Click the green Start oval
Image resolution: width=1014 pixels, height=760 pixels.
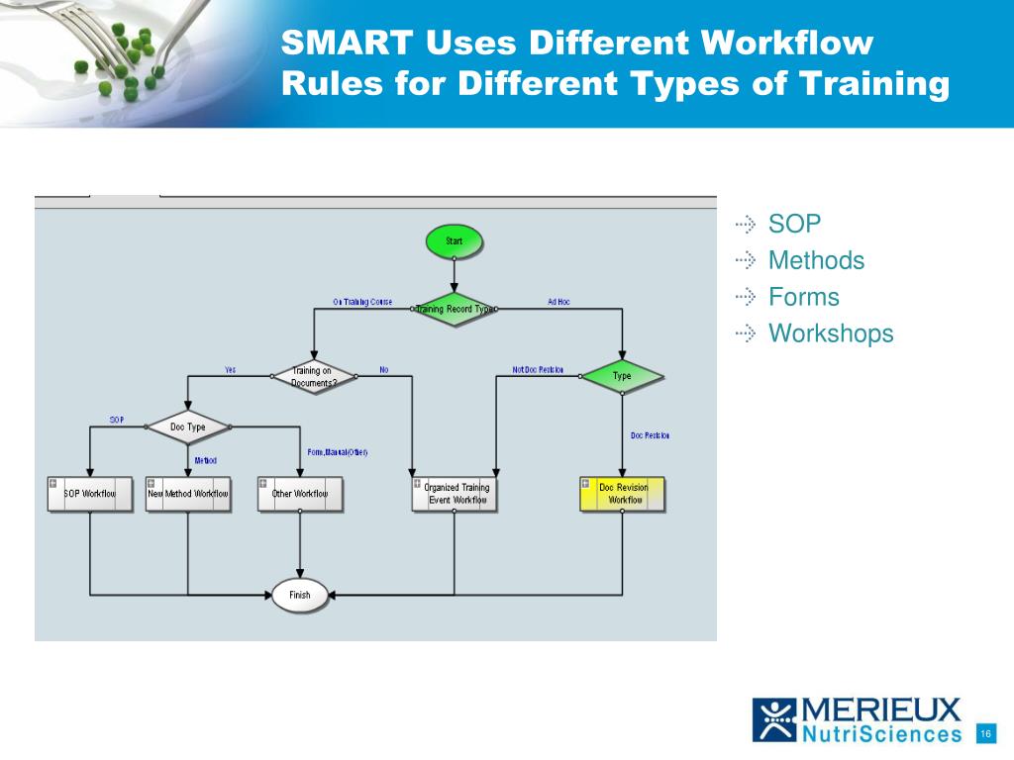tap(454, 240)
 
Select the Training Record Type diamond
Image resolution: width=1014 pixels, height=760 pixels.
tap(454, 309)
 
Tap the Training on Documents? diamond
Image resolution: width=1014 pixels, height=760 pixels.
tap(313, 377)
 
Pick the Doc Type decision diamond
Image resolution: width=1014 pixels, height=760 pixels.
tap(188, 427)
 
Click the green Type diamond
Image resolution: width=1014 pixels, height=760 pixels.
tap(622, 376)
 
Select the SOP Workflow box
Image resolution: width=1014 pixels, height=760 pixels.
tap(90, 493)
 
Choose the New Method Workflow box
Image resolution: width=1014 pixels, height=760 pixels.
tap(188, 493)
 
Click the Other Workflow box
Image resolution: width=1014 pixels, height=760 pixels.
tap(300, 493)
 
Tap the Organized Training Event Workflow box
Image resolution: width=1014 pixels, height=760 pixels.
tap(455, 494)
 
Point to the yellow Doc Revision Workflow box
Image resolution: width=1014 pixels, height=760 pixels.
tap(623, 494)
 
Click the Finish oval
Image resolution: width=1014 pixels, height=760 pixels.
tap(299, 595)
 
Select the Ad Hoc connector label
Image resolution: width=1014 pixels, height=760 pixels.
tap(558, 302)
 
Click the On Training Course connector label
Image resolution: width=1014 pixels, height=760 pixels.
tap(362, 302)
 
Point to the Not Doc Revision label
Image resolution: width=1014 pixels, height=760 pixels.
tap(538, 370)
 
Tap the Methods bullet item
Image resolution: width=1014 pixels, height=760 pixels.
tap(816, 260)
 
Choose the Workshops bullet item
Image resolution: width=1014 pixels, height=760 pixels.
tap(831, 333)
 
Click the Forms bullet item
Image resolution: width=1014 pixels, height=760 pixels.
tap(803, 297)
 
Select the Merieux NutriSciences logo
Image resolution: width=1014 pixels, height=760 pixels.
tap(858, 719)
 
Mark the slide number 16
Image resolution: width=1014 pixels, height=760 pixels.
tap(985, 733)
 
